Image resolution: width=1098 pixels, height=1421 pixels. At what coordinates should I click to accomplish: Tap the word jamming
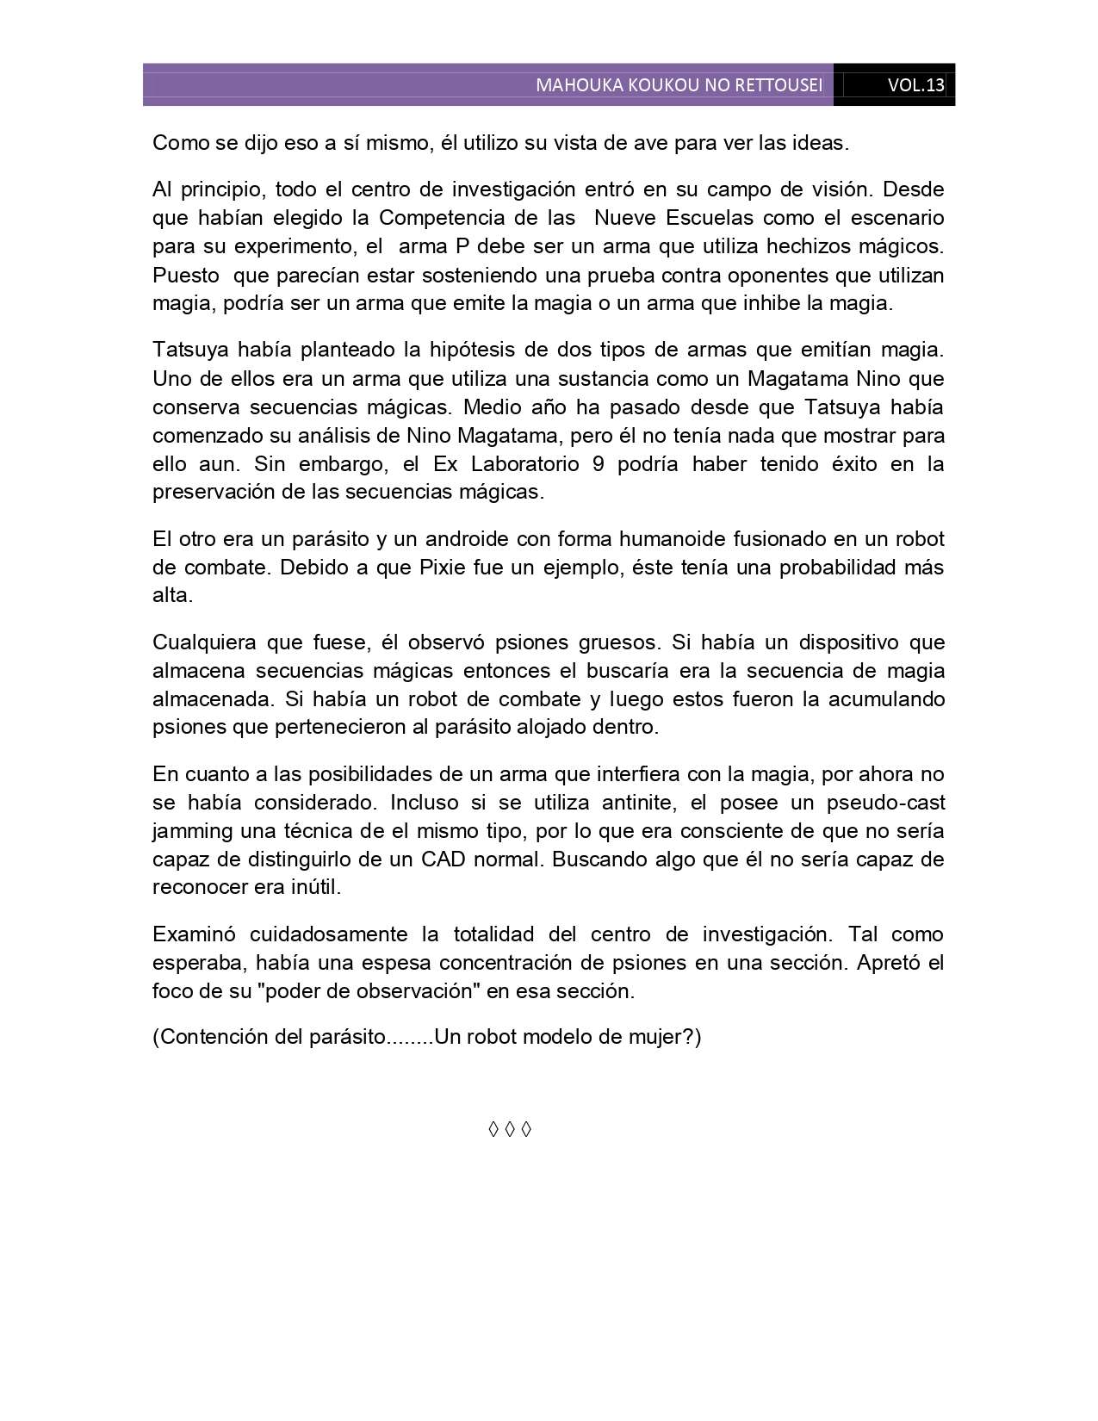[193, 832]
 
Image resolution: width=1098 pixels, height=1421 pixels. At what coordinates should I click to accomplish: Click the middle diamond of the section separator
[510, 1129]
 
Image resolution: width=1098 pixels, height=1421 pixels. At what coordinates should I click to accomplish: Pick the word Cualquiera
[204, 642]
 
